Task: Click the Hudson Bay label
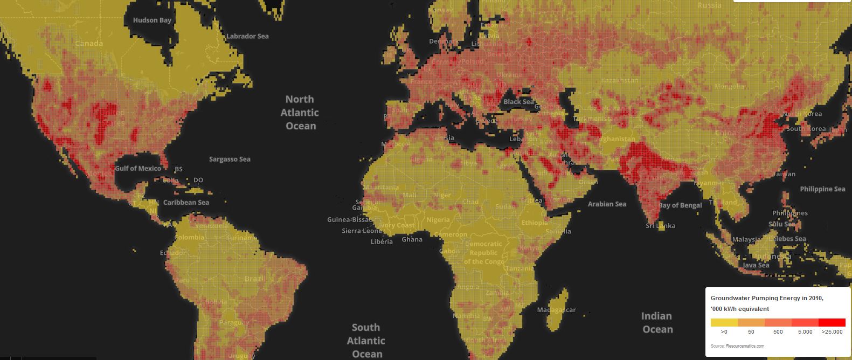pyautogui.click(x=152, y=20)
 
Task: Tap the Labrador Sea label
pyautogui.click(x=247, y=36)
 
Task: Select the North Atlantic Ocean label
pyautogui.click(x=300, y=113)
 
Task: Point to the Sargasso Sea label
pyautogui.click(x=230, y=159)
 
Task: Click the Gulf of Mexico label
pyautogui.click(x=138, y=169)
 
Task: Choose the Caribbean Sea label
pyautogui.click(x=186, y=203)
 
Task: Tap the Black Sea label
pyautogui.click(x=518, y=102)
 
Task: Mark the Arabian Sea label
pyautogui.click(x=607, y=204)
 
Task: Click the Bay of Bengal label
pyautogui.click(x=680, y=205)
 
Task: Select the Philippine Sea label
pyautogui.click(x=822, y=189)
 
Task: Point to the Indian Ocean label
pyautogui.click(x=657, y=322)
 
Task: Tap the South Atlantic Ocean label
pyautogui.click(x=366, y=341)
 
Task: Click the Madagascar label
pyautogui.click(x=556, y=310)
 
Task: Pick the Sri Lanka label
pyautogui.click(x=660, y=226)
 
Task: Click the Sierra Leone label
pyautogui.click(x=362, y=231)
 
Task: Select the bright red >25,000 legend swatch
pyautogui.click(x=832, y=322)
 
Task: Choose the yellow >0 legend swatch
pyautogui.click(x=724, y=322)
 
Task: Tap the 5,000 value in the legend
pyautogui.click(x=805, y=332)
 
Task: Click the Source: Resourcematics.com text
pyautogui.click(x=737, y=346)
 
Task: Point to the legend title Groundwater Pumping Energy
pyautogui.click(x=767, y=298)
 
